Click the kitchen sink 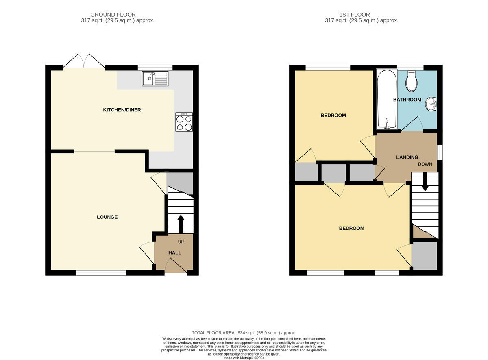(155, 79)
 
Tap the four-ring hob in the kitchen (184, 122)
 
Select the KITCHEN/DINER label (122, 110)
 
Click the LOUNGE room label (107, 217)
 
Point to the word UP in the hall (181, 242)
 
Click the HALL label (175, 253)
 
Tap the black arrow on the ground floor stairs (181, 224)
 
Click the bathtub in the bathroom (387, 99)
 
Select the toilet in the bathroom (411, 81)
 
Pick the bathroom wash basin (431, 104)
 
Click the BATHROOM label (407, 100)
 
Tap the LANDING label (407, 157)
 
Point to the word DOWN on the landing (425, 164)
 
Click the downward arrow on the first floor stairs (425, 182)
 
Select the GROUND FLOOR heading (113, 15)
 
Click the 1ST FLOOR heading (355, 15)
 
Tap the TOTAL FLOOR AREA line (244, 333)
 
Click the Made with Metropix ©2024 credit (244, 358)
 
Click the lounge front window (101, 273)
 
